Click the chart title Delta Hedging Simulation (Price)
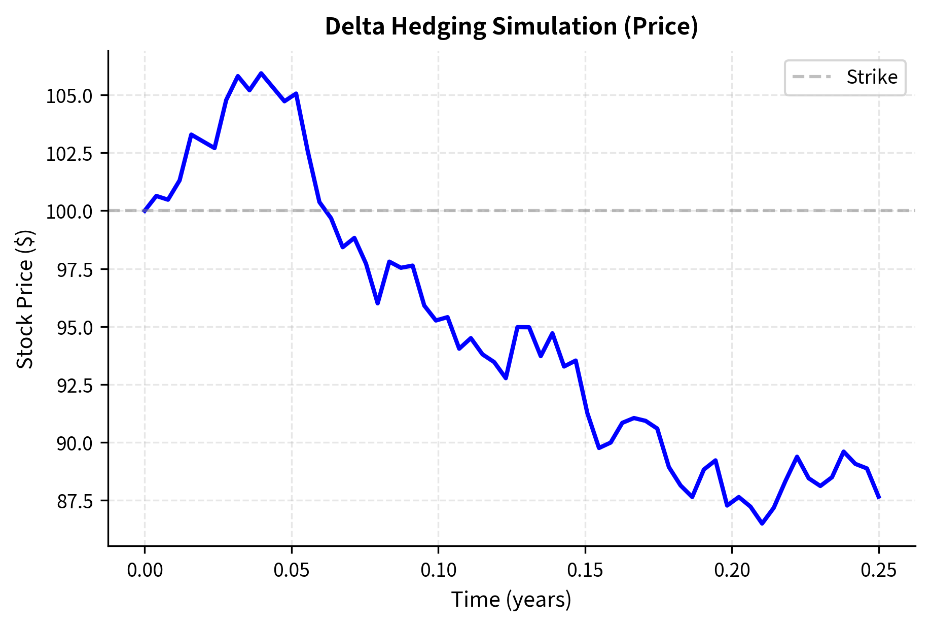point(511,26)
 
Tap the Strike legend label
point(872,78)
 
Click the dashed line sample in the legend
point(811,78)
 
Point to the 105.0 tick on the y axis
point(69,96)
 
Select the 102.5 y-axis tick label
point(69,154)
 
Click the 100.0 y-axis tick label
point(69,212)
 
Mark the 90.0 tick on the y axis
point(75,443)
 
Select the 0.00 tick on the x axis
point(145,570)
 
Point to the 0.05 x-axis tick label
point(292,570)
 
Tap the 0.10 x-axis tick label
point(439,570)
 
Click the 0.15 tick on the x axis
point(585,570)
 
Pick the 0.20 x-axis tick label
point(732,570)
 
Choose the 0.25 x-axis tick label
point(879,570)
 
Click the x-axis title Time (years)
point(511,600)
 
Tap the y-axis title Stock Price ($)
point(25,299)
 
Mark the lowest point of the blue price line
point(762,523)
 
